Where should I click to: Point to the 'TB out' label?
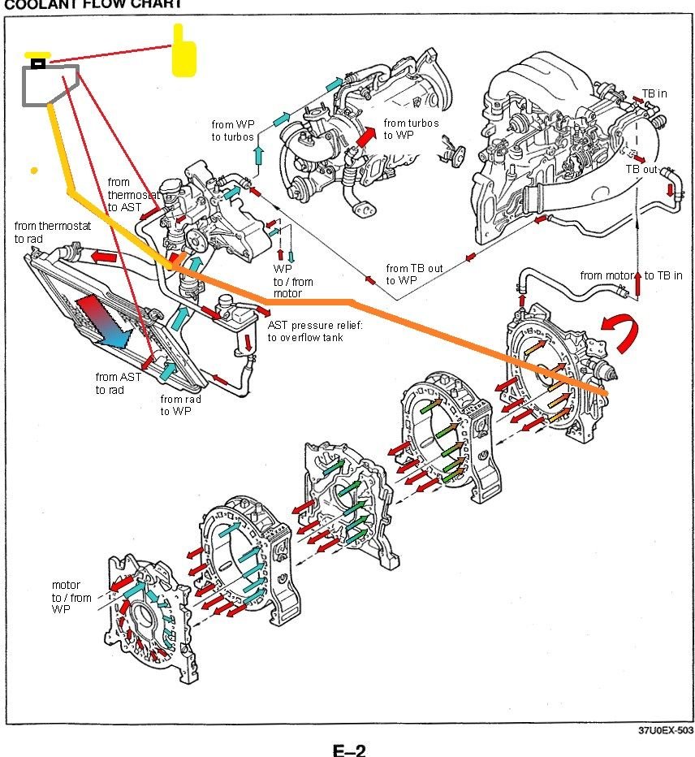coord(641,169)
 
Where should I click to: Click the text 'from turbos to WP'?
coord(411,129)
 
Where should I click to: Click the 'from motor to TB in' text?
coord(631,275)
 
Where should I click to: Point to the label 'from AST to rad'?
coord(118,383)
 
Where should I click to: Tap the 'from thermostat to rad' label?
coord(50,231)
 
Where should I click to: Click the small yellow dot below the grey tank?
coord(34,171)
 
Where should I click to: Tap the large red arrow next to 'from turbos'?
coord(367,136)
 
